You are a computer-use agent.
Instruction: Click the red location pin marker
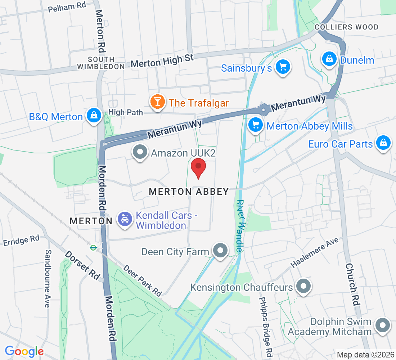[x=198, y=168]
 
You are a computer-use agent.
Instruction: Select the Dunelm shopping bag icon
[x=329, y=59]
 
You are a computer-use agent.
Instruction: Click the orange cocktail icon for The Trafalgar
[x=157, y=102]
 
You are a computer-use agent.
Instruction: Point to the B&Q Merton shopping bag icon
[x=94, y=116]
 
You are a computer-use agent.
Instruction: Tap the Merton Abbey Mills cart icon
[x=256, y=125]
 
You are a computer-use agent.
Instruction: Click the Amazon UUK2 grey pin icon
[x=140, y=152]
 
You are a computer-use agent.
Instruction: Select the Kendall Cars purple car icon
[x=125, y=219]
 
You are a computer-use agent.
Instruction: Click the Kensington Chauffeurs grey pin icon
[x=303, y=287]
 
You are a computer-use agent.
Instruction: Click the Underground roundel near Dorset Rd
[x=93, y=248]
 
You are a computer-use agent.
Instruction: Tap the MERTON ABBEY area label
[x=189, y=192]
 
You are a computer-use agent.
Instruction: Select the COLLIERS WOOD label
[x=346, y=27]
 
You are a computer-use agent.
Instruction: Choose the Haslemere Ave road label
[x=315, y=253]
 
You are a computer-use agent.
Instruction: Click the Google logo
[x=24, y=351]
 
